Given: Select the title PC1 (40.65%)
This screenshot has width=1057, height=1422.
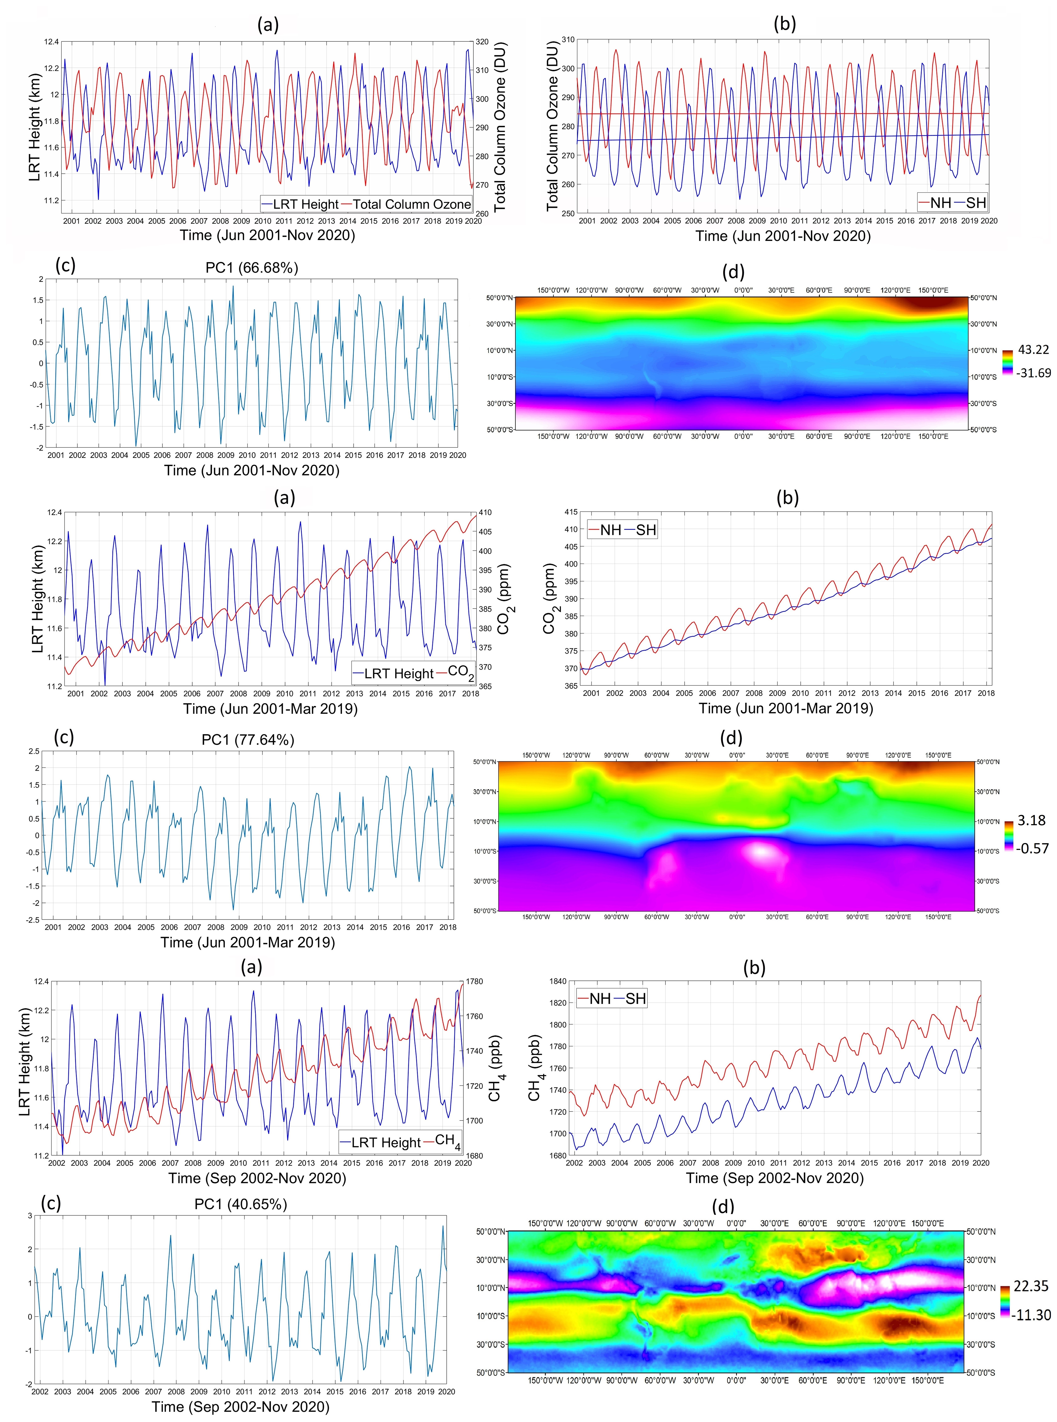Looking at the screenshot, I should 241,1204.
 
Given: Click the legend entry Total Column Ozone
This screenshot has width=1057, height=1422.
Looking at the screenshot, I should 412,204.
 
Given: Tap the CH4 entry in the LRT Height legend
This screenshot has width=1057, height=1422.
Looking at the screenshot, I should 447,1141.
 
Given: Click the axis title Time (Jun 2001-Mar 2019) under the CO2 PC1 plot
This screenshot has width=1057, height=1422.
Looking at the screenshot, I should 248,942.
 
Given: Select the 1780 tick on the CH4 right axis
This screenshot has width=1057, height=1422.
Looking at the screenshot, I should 475,981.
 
